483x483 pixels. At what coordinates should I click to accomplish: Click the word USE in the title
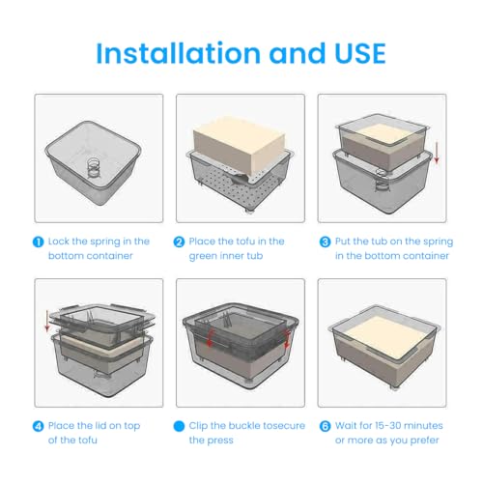[x=360, y=53]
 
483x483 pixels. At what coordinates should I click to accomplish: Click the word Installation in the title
[x=179, y=53]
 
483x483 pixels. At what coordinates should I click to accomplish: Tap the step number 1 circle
[x=39, y=241]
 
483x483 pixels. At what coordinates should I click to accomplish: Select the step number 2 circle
[x=179, y=241]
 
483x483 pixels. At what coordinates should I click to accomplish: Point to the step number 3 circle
[x=325, y=241]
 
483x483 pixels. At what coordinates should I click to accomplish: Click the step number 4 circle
[x=39, y=426]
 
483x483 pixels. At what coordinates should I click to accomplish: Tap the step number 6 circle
[x=325, y=426]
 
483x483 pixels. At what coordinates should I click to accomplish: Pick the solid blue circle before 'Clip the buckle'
[x=179, y=426]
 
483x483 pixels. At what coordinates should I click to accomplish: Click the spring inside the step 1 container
[x=94, y=167]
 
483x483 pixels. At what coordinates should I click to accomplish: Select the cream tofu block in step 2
[x=239, y=145]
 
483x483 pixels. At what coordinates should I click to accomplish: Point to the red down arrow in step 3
[x=437, y=153]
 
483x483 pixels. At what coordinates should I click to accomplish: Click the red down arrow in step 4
[x=47, y=321]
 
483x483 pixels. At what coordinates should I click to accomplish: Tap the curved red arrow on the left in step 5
[x=210, y=337]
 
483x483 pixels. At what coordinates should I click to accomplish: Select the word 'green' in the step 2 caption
[x=201, y=257]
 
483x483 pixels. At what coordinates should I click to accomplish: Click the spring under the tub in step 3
[x=382, y=182]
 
